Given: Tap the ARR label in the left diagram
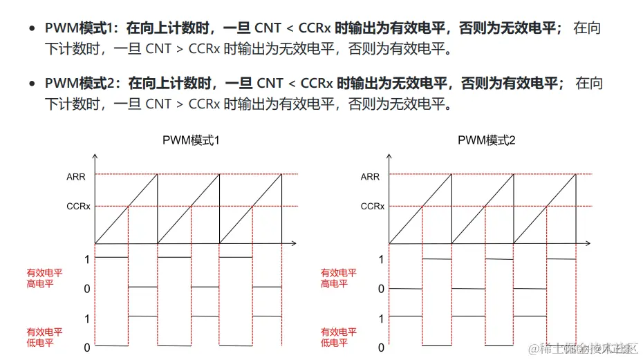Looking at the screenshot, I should coord(76,177).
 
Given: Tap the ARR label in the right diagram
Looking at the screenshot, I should coord(370,177).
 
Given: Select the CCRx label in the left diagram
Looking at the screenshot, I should coord(78,206).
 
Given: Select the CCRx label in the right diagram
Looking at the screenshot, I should coord(372,206).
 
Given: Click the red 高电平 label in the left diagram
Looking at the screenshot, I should coord(40,284).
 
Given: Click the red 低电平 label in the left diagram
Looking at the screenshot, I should coord(40,343).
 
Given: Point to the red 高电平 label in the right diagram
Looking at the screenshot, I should coord(335,284).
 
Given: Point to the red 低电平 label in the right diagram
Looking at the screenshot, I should coord(335,343).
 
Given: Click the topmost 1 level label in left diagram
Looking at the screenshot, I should coord(87,259).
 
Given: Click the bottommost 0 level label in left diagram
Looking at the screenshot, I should coord(87,348).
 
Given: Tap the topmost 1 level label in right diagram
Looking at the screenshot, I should coord(381,259).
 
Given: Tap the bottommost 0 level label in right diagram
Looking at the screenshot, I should coord(381,348).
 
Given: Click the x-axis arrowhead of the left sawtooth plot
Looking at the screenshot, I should coord(294,243).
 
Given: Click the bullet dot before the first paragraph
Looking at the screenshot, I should coord(32,29).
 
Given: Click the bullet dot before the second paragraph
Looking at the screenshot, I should coord(32,84).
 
